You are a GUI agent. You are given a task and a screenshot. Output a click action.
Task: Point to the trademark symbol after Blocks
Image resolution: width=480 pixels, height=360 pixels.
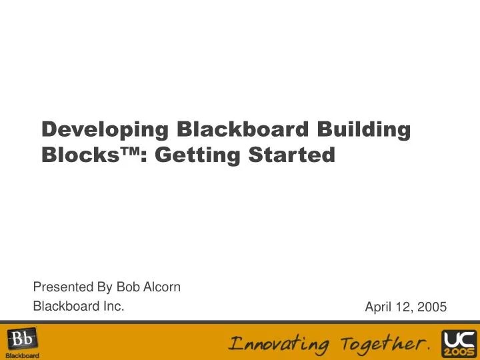pyautogui.click(x=131, y=151)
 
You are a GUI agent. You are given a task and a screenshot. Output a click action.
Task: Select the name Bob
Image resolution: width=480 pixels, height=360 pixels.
pyautogui.click(x=127, y=287)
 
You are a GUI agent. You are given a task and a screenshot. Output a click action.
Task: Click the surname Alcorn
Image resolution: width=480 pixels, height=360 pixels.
pyautogui.click(x=161, y=287)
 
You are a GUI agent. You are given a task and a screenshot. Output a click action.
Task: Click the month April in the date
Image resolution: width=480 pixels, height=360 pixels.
pyautogui.click(x=379, y=307)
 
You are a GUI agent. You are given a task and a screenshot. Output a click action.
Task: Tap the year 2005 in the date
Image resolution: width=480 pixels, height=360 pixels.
pyautogui.click(x=431, y=307)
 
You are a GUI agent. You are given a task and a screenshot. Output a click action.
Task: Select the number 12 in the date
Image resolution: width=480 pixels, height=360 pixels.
pyautogui.click(x=403, y=307)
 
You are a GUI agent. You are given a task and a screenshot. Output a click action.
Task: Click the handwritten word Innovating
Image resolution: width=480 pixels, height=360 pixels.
pyautogui.click(x=279, y=344)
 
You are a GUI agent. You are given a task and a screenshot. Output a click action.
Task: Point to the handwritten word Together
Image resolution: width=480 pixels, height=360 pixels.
pyautogui.click(x=383, y=344)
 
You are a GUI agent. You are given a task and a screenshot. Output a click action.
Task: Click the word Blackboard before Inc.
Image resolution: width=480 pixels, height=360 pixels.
pyautogui.click(x=65, y=306)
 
